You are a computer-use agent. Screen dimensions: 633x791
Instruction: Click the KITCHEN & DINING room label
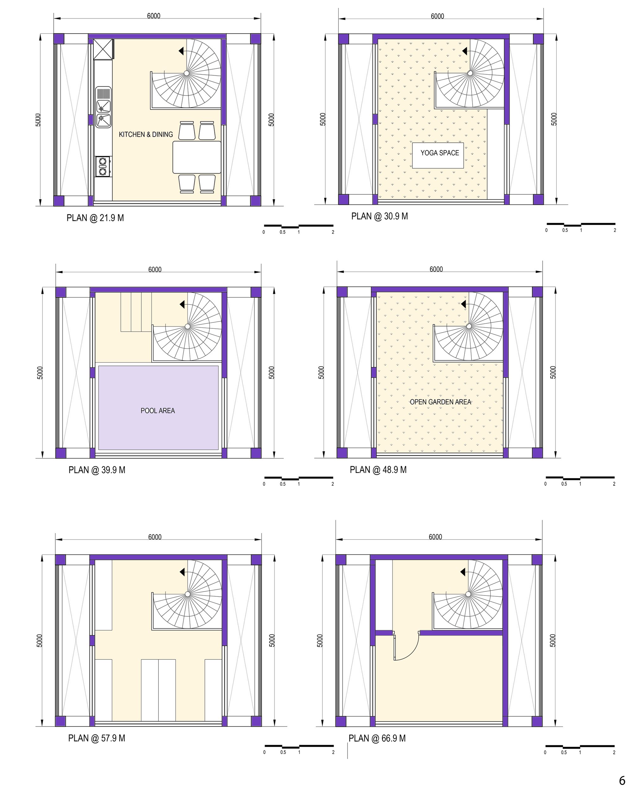(x=146, y=135)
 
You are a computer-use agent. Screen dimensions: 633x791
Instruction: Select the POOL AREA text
(x=158, y=411)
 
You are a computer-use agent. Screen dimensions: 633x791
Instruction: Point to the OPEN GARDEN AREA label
(x=440, y=402)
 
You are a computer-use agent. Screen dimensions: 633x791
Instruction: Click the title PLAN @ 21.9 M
(x=95, y=218)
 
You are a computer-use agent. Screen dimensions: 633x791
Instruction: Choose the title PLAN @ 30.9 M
(x=379, y=216)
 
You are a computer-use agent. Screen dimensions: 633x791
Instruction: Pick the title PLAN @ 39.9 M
(x=97, y=470)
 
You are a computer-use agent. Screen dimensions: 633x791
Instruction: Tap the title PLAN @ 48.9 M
(x=378, y=470)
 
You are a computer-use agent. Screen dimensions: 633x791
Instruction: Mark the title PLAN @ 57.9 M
(x=97, y=738)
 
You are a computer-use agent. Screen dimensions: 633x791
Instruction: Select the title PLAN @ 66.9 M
(x=377, y=738)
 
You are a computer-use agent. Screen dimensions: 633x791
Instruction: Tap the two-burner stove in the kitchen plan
(x=103, y=166)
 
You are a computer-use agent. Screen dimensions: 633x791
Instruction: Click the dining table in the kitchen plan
(x=197, y=157)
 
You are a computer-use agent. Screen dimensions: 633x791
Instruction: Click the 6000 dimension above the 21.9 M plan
(x=154, y=16)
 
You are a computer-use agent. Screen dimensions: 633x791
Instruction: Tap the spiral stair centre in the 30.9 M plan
(x=470, y=73)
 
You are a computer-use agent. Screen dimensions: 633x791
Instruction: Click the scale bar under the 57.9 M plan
(x=299, y=746)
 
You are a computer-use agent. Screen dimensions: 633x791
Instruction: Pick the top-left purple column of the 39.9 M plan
(x=61, y=292)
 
